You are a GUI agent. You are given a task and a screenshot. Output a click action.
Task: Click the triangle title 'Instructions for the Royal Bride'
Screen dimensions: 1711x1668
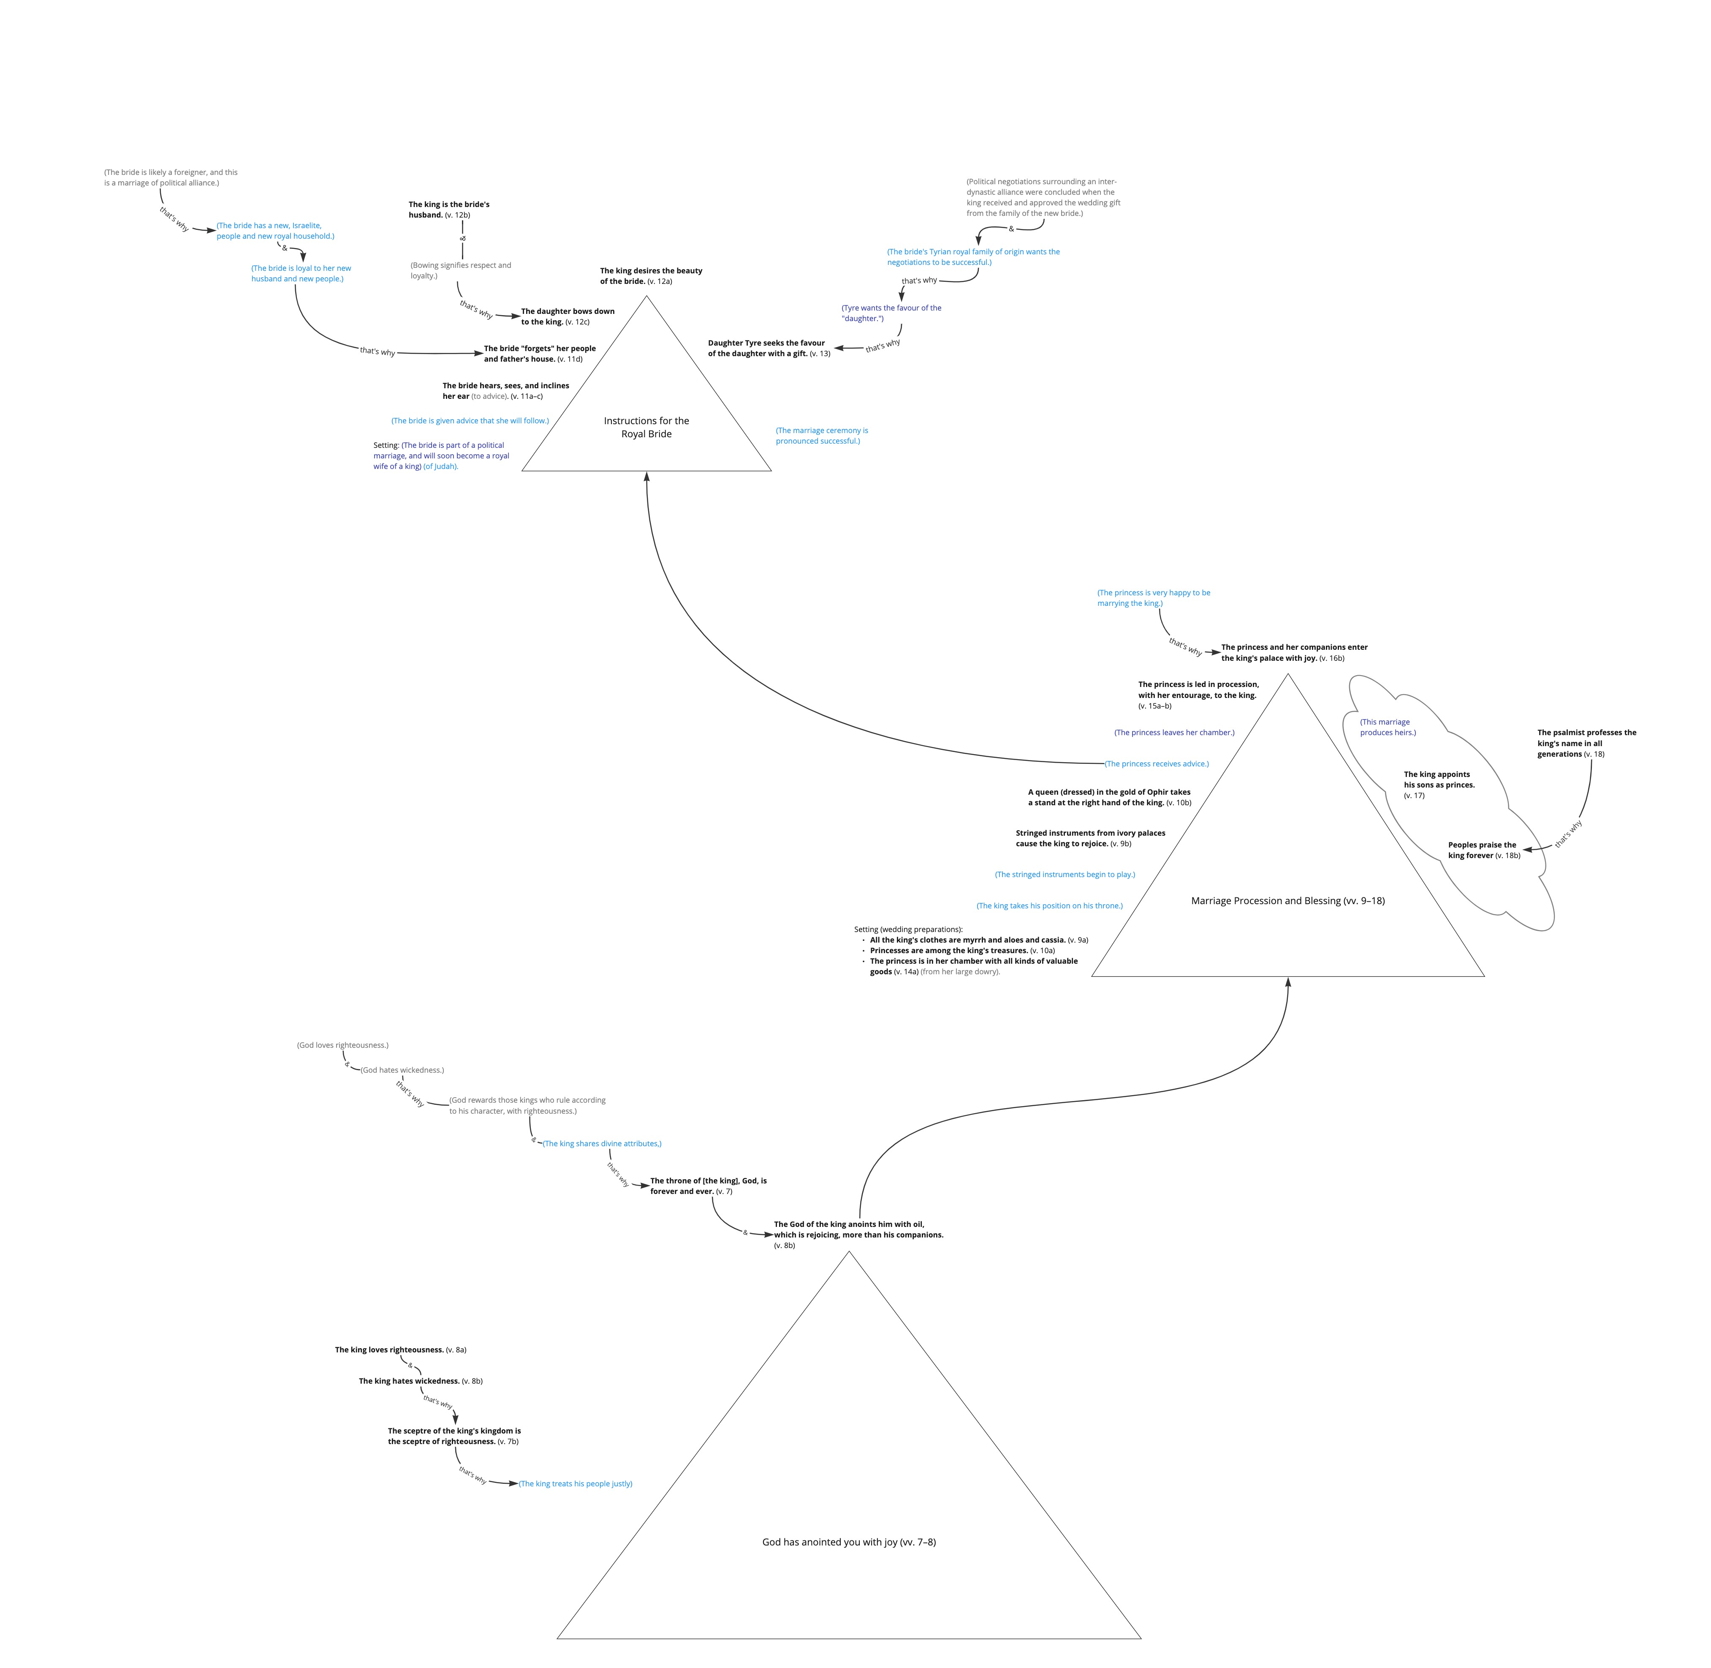[646, 428]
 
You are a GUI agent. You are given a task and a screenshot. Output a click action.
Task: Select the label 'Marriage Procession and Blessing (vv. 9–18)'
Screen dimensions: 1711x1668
[1287, 901]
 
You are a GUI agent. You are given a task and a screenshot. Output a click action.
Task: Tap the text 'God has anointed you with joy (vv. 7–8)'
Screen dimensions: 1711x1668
[848, 1542]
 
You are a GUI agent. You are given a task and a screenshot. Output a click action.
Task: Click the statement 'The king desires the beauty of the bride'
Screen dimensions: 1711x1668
[651, 276]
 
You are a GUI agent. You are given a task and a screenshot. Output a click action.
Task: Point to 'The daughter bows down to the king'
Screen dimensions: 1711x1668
[568, 316]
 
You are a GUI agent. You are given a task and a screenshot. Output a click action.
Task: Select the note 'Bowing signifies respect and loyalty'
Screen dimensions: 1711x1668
[461, 270]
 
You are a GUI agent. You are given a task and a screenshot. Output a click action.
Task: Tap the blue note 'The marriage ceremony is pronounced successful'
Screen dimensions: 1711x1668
[821, 436]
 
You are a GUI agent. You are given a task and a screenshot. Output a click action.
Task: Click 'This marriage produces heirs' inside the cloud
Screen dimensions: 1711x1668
[1387, 727]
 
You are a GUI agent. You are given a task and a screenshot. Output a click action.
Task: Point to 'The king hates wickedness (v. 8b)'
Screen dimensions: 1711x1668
[420, 1381]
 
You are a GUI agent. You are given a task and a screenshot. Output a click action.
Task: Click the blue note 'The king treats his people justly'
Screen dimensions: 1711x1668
[575, 1483]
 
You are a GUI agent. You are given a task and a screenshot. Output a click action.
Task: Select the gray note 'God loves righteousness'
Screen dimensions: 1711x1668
[342, 1045]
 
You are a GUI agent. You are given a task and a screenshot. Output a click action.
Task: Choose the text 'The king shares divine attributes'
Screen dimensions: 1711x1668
[602, 1143]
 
